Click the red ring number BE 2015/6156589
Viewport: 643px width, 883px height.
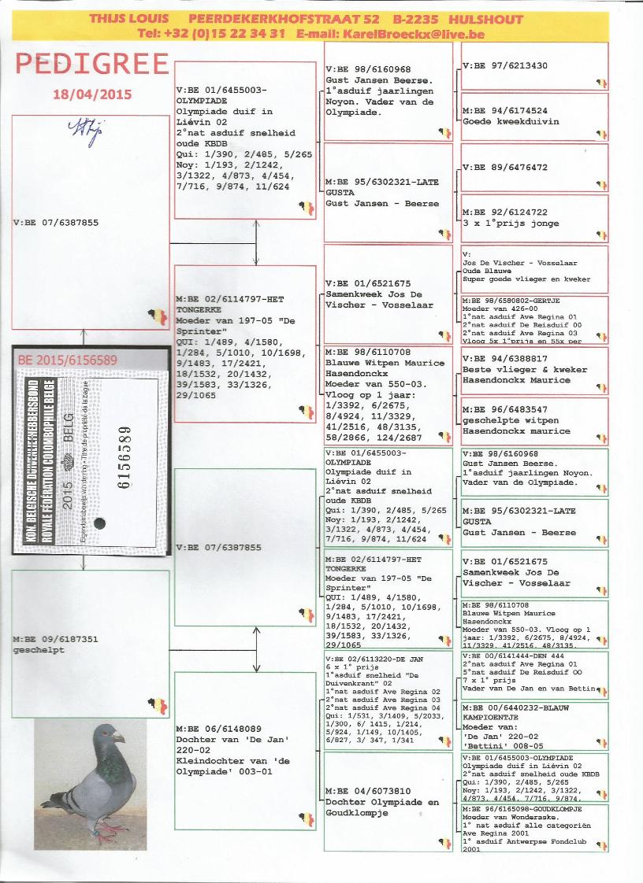[67, 360]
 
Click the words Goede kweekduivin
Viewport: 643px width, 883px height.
[511, 122]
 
